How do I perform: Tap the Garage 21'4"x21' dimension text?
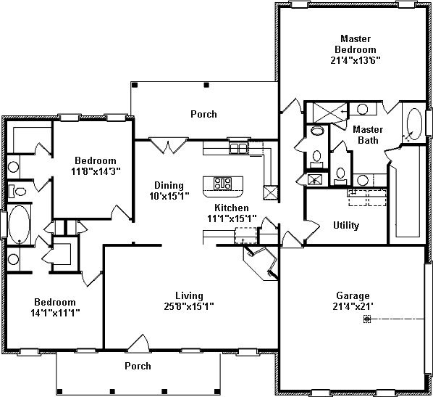(353, 307)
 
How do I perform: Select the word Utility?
(346, 226)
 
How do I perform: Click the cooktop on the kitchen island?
(222, 184)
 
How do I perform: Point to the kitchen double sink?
(238, 148)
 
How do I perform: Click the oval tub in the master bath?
(414, 123)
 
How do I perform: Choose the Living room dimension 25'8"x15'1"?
(189, 307)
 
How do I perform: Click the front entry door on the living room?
(139, 343)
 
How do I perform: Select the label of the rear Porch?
(203, 114)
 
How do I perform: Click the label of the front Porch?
(138, 366)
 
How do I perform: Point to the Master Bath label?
(368, 135)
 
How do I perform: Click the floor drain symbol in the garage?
(367, 319)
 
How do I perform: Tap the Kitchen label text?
(232, 208)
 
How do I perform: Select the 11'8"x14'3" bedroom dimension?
(96, 171)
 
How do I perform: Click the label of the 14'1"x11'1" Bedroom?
(55, 302)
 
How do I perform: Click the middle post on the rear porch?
(206, 85)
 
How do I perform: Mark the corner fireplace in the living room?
(260, 263)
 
